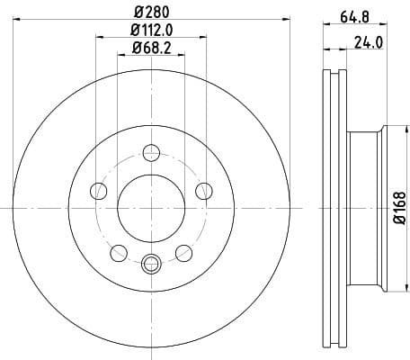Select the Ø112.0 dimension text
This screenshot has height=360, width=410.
(150, 31)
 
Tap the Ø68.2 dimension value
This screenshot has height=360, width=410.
(150, 49)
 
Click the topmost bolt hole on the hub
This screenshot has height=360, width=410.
(151, 152)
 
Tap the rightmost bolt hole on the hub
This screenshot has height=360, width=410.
(204, 190)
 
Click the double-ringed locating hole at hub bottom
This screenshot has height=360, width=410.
(151, 263)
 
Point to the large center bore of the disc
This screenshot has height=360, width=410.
(151, 208)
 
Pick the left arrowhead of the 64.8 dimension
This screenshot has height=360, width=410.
(325, 24)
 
